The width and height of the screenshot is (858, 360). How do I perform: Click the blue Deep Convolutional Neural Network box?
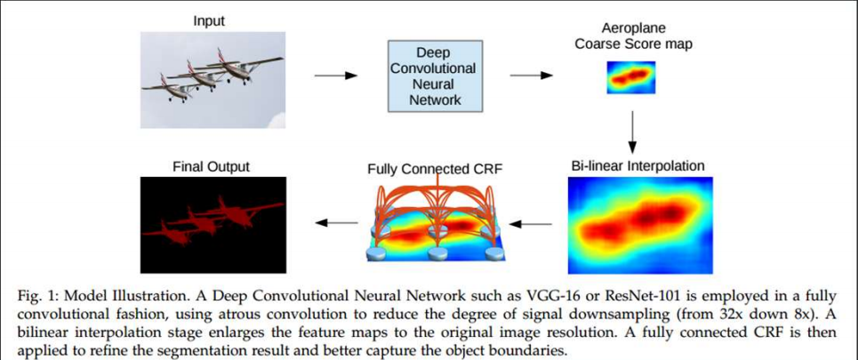(x=435, y=76)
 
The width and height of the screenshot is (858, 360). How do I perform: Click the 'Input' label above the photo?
(x=208, y=21)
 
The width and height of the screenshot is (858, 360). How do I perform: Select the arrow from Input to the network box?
(x=335, y=76)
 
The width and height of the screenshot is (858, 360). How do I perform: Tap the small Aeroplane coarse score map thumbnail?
(x=631, y=77)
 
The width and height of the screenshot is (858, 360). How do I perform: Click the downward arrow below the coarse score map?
(x=632, y=132)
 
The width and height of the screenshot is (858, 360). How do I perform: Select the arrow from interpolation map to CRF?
(x=530, y=223)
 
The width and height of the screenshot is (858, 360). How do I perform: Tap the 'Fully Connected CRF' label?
(x=436, y=169)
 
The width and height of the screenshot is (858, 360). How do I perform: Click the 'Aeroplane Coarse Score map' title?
(x=632, y=36)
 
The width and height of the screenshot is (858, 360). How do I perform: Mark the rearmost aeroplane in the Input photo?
(x=246, y=67)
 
